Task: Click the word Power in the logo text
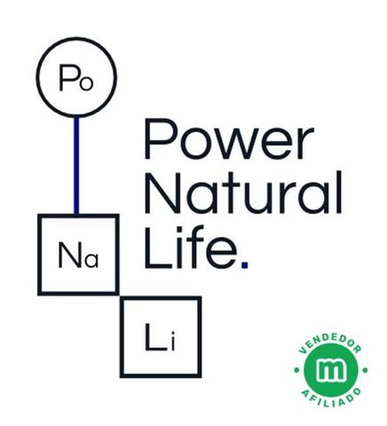coord(229,138)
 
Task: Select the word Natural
coord(243,192)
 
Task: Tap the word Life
coord(191,248)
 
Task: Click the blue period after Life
coord(244,264)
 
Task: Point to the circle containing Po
coord(76,39)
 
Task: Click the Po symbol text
coord(76,78)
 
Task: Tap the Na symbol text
coord(78,255)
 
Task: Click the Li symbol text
coord(160,337)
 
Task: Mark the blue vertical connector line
coord(76,165)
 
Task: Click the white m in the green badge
coord(331,370)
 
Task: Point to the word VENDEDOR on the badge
coord(330,345)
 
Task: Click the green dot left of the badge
coord(296,370)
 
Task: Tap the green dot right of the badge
coord(365,370)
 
